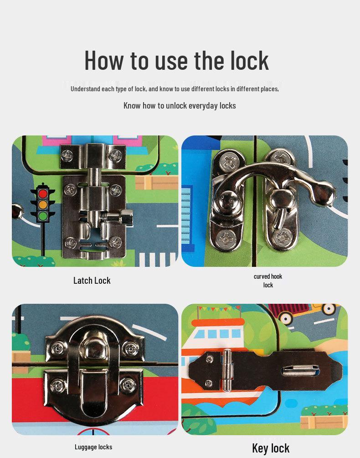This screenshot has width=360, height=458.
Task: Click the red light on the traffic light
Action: (43, 193)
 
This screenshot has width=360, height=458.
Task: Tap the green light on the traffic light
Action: (43, 216)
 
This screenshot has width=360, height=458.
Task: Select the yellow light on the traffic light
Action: (43, 204)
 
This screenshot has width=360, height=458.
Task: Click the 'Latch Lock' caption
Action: (92, 281)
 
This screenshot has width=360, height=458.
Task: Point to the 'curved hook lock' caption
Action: (268, 281)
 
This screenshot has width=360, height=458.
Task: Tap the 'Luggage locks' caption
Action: (93, 447)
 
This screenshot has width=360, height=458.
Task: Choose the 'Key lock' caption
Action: (271, 448)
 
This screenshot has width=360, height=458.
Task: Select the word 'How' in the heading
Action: (104, 61)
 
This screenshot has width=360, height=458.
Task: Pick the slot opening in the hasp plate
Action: (300, 371)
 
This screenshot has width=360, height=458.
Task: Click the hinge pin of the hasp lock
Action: (227, 370)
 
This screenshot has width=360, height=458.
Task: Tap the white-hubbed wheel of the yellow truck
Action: (329, 308)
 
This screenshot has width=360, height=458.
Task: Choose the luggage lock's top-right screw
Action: (130, 349)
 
